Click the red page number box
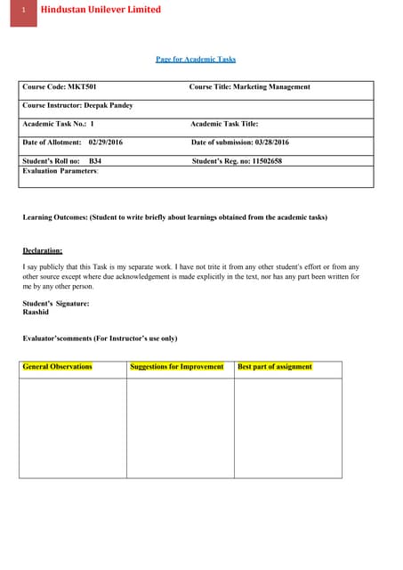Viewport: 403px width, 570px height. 25,11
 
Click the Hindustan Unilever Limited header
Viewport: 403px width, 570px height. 101,10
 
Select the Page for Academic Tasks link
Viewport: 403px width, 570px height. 196,60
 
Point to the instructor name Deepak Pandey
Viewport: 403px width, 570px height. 108,105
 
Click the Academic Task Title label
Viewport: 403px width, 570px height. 225,124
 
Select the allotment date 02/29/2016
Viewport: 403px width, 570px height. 106,142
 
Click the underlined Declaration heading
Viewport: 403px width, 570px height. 43,251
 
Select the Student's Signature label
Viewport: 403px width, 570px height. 56,304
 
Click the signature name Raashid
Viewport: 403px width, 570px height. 36,313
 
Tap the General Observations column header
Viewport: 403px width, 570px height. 58,367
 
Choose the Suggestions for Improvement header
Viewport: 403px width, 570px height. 177,367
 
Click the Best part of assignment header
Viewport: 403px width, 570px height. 275,367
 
